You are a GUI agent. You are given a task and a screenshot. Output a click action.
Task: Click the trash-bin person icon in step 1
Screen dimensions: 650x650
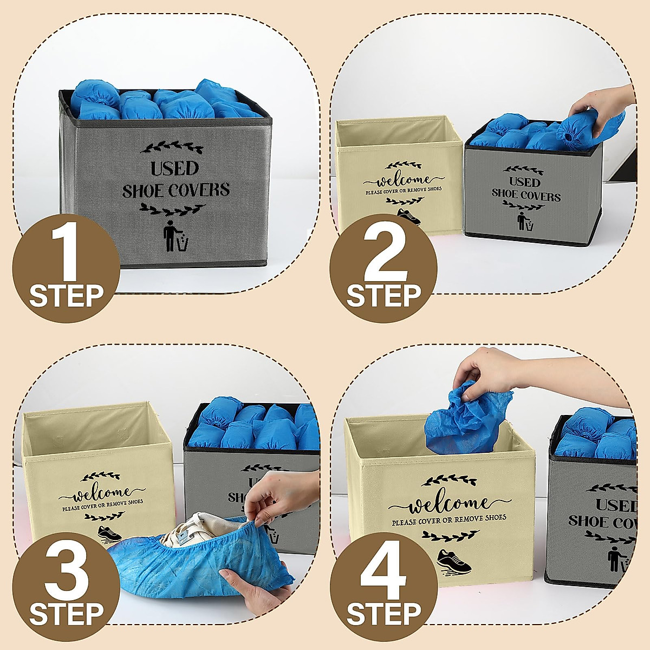click(x=175, y=237)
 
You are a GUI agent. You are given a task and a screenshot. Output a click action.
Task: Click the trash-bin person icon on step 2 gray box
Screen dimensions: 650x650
click(x=524, y=221)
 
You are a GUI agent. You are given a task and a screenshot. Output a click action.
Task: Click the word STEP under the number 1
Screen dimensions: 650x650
click(x=66, y=296)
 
